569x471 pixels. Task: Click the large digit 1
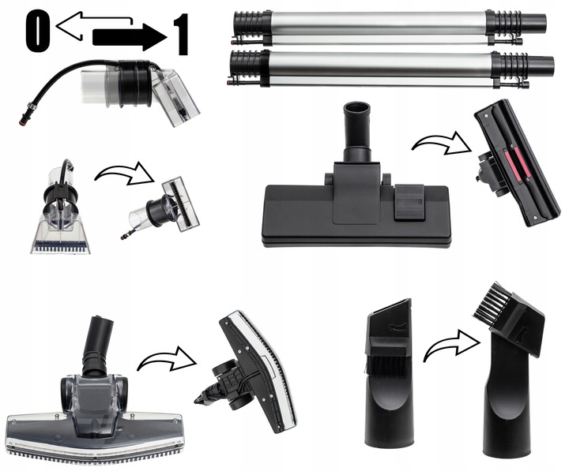pos(182,35)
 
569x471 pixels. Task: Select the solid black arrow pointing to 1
pos(130,37)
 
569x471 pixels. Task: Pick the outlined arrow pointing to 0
pos(93,25)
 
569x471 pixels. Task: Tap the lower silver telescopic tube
pos(390,68)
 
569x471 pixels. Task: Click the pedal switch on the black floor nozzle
pos(409,202)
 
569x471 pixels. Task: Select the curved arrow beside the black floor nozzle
pos(441,144)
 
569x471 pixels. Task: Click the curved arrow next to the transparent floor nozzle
pos(167,360)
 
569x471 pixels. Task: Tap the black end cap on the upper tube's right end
pos(534,22)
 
